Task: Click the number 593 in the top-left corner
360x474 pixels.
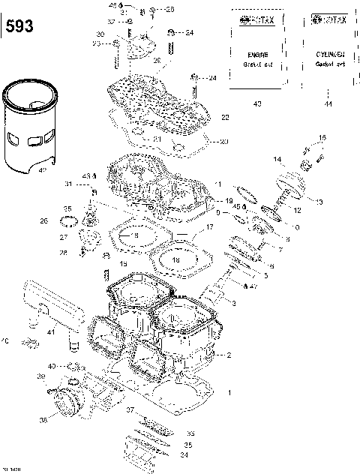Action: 19,27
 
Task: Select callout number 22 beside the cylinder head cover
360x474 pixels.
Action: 225,118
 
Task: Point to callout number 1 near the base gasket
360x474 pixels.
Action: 229,392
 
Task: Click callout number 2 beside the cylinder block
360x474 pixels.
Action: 229,354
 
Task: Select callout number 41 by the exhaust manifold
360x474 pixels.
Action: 51,331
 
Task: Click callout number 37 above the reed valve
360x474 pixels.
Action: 129,409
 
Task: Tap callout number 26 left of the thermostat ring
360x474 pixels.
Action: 43,221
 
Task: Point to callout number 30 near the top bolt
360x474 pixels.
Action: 100,34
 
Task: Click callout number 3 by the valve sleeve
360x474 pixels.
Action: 233,303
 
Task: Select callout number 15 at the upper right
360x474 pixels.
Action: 323,138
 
